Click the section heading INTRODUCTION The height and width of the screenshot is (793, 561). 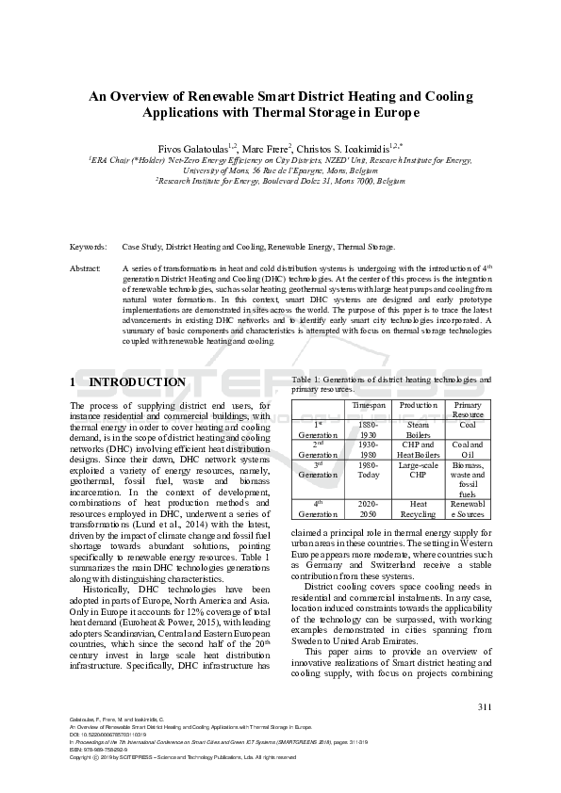[x=137, y=382]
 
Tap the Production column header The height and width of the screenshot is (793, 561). [x=418, y=404]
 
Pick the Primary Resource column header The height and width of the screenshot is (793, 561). [x=468, y=409]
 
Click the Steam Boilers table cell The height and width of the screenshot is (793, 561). [x=418, y=430]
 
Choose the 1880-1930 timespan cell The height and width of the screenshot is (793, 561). [x=369, y=430]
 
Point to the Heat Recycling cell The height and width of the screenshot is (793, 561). [x=418, y=510]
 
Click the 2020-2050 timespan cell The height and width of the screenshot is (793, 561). [x=369, y=510]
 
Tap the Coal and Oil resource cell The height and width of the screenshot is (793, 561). [x=468, y=450]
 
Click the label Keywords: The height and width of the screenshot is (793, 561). [x=88, y=247]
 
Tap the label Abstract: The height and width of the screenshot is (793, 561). [x=86, y=268]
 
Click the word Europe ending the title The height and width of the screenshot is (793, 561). [x=392, y=112]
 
